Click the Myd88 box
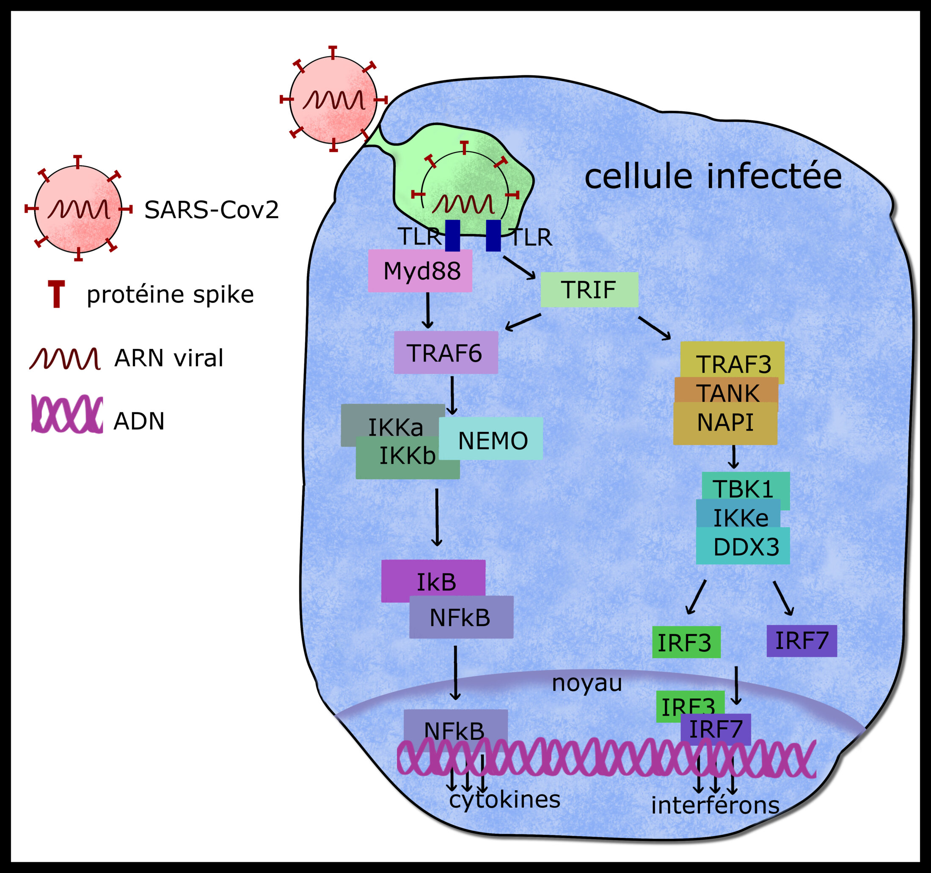(x=420, y=271)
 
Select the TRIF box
(x=589, y=289)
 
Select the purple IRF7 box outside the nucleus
(x=801, y=640)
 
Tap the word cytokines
(x=505, y=799)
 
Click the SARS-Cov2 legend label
(x=211, y=209)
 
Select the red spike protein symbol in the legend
(x=56, y=294)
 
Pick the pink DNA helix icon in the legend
(x=67, y=414)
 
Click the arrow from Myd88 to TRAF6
(x=427, y=310)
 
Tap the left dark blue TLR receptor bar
(x=452, y=236)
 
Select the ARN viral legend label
(x=168, y=358)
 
